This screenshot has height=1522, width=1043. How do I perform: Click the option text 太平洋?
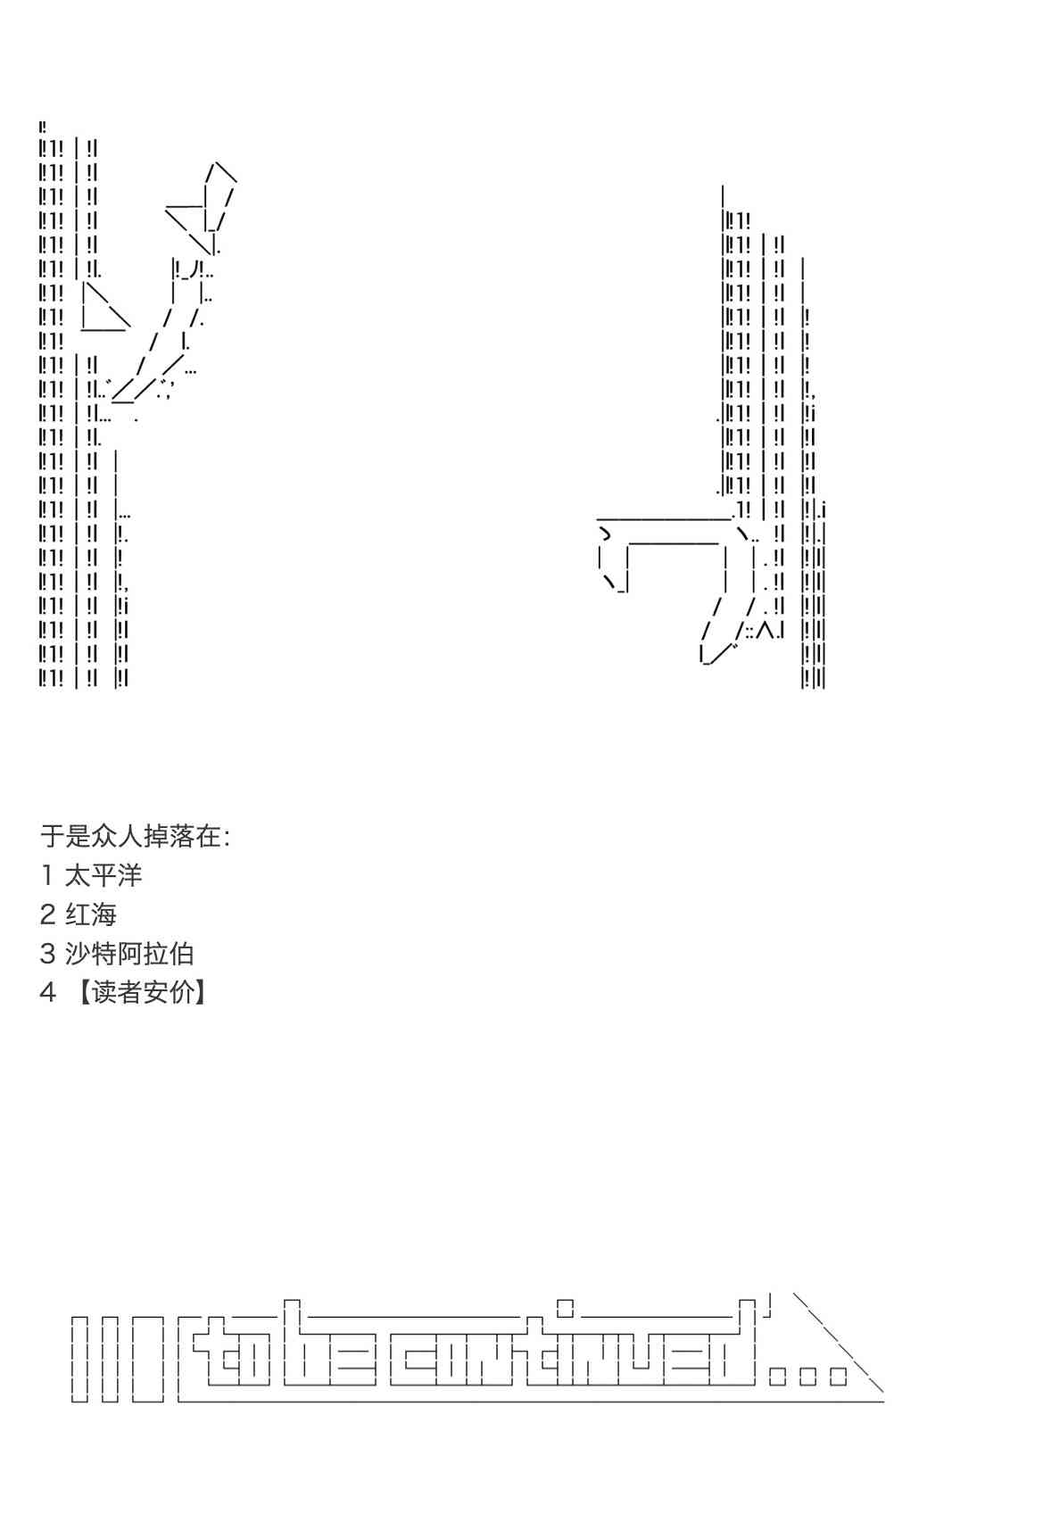pos(103,875)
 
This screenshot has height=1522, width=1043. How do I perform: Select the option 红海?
pos(91,914)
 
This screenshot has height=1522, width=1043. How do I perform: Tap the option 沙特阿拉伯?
pos(129,954)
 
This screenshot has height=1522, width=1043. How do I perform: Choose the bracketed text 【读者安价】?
pos(141,993)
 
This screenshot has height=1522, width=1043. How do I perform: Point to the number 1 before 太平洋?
pos(47,875)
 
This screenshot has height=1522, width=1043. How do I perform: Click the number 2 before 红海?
pos(47,914)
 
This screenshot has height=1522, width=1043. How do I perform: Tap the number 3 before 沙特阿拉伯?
pos(47,954)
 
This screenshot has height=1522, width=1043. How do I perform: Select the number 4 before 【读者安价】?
pos(47,993)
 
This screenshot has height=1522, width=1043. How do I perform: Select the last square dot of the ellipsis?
pos(838,1377)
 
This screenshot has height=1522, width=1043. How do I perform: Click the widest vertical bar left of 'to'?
pos(148,1359)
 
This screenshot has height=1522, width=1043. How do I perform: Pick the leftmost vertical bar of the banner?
pos(79,1359)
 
